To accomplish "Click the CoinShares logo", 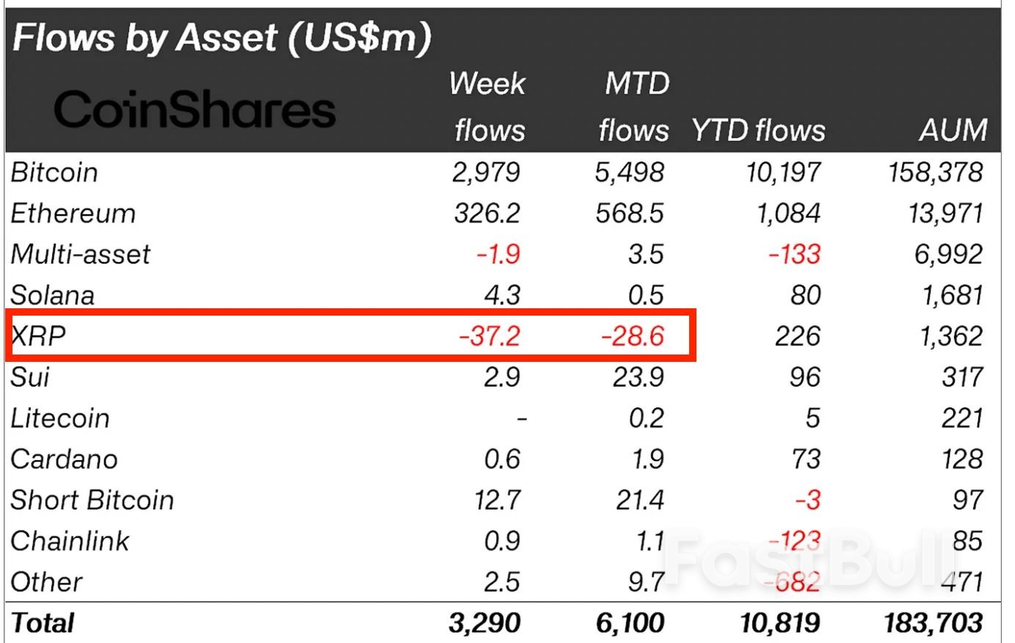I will [194, 110].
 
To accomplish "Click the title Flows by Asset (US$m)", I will [222, 37].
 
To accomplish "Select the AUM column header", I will [953, 131].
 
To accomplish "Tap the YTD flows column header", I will [758, 131].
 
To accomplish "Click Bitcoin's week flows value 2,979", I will [486, 172].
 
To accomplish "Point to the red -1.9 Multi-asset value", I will [498, 255].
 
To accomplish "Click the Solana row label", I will [53, 295].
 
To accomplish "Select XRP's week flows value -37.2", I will [490, 336].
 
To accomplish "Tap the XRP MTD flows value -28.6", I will [632, 336].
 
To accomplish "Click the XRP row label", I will [38, 335].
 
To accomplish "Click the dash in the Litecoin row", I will [521, 419].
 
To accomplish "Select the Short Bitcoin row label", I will [92, 501].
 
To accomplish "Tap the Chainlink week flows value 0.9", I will [502, 542].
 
